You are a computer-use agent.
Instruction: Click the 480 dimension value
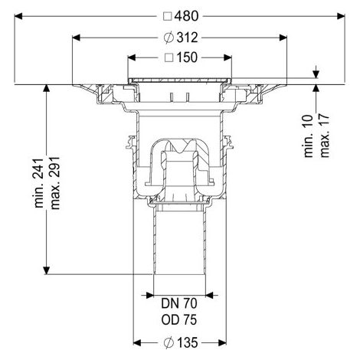(186, 16)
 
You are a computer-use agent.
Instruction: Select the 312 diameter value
(187, 38)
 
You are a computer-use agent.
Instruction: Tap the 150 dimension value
(187, 57)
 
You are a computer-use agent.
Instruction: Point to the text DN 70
(179, 303)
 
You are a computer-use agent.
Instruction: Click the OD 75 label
(179, 320)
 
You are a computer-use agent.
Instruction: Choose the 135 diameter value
(187, 342)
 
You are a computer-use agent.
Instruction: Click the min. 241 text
(39, 183)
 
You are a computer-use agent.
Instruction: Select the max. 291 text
(55, 183)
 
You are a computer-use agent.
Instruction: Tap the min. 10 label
(309, 136)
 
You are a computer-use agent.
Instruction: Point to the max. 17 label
(325, 136)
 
